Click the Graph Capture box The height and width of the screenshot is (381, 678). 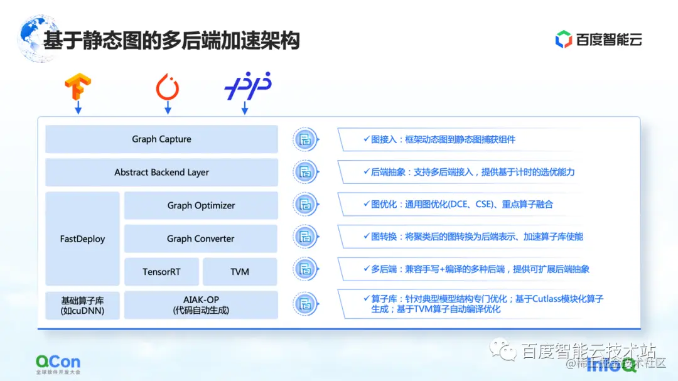(x=161, y=139)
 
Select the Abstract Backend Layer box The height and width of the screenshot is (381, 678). (x=161, y=172)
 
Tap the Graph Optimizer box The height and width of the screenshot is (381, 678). (x=201, y=205)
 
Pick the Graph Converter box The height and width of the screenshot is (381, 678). (x=201, y=239)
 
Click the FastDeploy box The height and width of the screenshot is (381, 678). (x=82, y=239)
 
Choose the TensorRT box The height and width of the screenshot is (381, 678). (x=161, y=272)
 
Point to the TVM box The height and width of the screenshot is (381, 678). (x=240, y=272)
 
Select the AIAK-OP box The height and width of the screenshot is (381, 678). (x=201, y=305)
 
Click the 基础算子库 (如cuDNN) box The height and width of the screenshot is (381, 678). (x=82, y=305)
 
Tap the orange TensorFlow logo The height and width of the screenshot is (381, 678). (x=78, y=87)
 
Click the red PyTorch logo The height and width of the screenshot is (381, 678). (x=168, y=87)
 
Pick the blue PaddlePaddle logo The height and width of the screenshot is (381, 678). (x=247, y=87)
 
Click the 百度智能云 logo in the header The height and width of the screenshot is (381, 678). (x=599, y=40)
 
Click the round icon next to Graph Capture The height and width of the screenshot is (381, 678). (x=306, y=139)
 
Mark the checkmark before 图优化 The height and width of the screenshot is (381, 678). (x=367, y=204)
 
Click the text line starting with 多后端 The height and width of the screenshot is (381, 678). (x=480, y=270)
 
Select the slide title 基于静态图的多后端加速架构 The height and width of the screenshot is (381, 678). (x=171, y=40)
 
